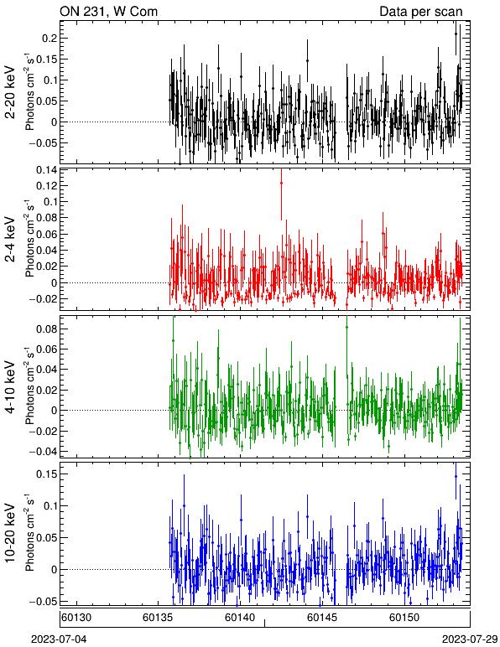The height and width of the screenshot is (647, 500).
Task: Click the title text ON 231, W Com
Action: [108, 11]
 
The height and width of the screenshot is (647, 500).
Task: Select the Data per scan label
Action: [421, 12]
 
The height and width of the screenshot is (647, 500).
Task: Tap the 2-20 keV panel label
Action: [10, 92]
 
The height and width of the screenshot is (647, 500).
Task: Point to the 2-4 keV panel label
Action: [10, 240]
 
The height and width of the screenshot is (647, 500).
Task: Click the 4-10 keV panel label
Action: [10, 387]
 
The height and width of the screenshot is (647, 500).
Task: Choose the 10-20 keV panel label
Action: [10, 533]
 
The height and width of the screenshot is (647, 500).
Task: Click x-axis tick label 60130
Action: [77, 618]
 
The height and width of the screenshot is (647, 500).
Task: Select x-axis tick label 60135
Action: [158, 618]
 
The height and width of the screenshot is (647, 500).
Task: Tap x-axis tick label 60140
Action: [240, 618]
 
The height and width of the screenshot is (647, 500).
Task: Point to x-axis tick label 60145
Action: [322, 618]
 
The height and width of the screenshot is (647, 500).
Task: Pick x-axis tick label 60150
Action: [404, 618]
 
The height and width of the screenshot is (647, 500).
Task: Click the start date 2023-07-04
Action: [59, 639]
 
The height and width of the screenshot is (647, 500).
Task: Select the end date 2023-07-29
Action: [470, 639]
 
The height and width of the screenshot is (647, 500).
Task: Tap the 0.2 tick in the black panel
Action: [49, 39]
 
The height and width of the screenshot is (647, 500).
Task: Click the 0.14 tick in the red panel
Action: [46, 169]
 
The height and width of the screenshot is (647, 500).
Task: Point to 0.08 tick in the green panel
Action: [46, 329]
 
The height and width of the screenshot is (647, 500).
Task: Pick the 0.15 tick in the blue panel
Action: [46, 474]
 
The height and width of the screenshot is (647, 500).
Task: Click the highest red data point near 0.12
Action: [282, 183]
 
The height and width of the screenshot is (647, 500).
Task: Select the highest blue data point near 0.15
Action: [456, 476]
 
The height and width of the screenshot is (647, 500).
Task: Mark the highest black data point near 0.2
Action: [456, 34]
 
